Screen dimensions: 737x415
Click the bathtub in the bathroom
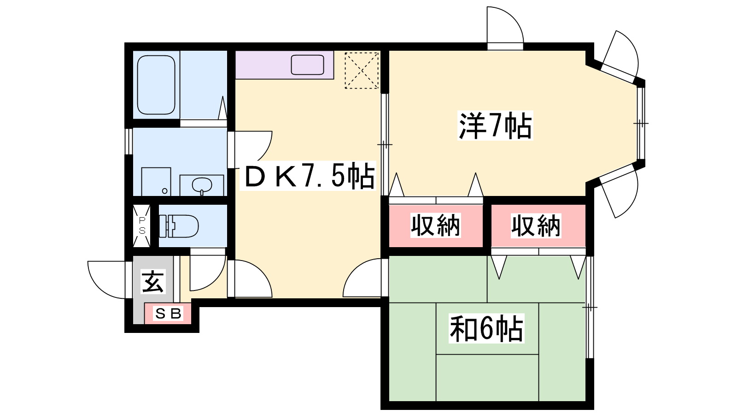click(156, 85)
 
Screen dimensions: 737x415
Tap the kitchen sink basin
click(307, 65)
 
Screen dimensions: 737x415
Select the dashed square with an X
click(362, 70)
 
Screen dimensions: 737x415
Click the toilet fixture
click(179, 226)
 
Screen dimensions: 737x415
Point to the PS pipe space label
click(142, 225)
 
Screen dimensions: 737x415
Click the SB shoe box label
click(168, 314)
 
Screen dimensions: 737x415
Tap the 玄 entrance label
click(153, 282)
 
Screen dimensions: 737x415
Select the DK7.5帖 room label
click(309, 176)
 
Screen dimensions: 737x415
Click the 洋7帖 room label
click(495, 125)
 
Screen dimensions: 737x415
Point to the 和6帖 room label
click(486, 329)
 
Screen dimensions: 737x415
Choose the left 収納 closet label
click(435, 225)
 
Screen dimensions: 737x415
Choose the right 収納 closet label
click(536, 225)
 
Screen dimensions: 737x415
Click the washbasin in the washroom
click(202, 185)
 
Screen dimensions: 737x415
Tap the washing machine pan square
click(156, 182)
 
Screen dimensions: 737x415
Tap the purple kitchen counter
click(285, 65)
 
